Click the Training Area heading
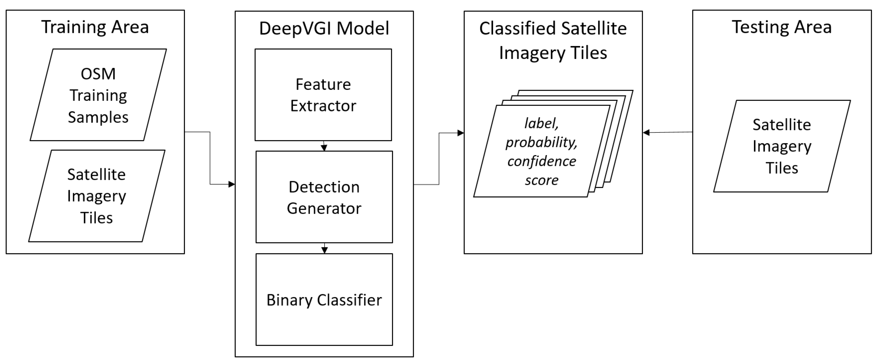click(95, 27)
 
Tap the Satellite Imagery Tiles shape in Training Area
click(96, 196)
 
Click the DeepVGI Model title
click(324, 28)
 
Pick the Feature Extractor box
click(323, 95)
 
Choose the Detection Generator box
click(324, 197)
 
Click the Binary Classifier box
click(324, 300)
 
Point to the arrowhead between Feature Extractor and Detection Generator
click(324, 148)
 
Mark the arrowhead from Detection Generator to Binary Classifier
click(325, 250)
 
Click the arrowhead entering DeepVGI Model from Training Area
click(232, 184)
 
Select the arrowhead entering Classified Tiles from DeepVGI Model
click(460, 133)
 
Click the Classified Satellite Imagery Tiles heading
click(553, 40)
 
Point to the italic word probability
click(541, 142)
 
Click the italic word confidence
click(542, 161)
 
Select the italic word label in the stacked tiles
click(541, 123)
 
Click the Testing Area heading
click(782, 27)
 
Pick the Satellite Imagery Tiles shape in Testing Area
click(782, 146)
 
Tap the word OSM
click(98, 74)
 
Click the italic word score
click(542, 180)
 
